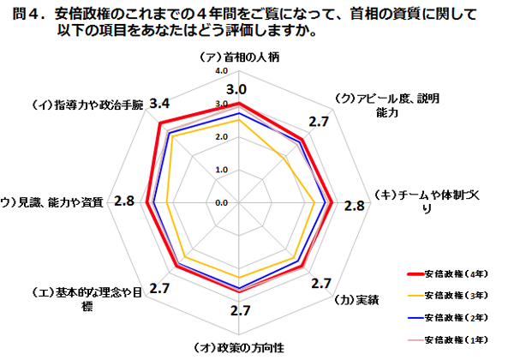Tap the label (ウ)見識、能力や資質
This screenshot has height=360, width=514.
tap(54, 202)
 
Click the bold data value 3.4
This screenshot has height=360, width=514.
tap(158, 104)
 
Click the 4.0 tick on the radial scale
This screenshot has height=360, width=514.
tap(222, 71)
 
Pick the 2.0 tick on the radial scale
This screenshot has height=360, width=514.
tap(222, 137)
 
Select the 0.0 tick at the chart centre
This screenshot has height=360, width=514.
tap(222, 202)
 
